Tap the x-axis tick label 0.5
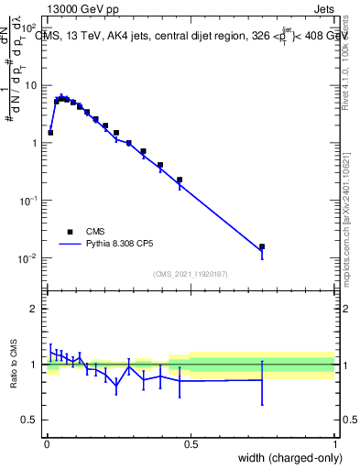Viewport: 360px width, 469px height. click(x=191, y=444)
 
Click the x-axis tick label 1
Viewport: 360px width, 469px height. click(x=336, y=444)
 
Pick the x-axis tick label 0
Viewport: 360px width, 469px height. click(x=46, y=444)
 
